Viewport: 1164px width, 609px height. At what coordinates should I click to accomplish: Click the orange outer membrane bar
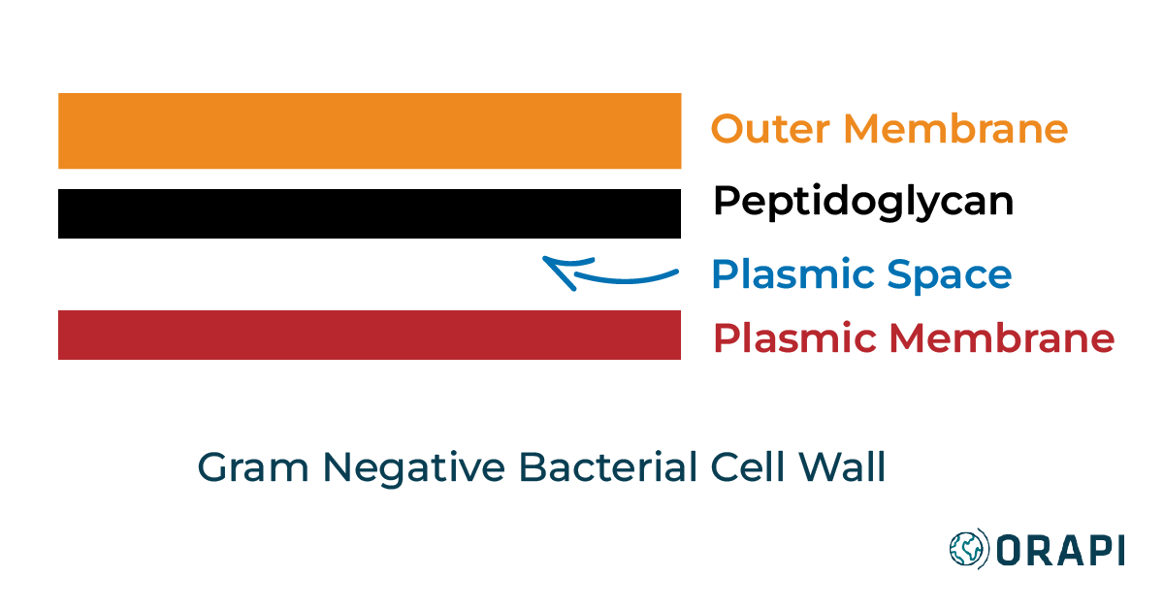tap(369, 131)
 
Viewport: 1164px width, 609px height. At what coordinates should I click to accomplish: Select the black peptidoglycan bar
tap(369, 213)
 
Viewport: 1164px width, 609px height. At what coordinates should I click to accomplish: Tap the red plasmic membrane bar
tap(369, 335)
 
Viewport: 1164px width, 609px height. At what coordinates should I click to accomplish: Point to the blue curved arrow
tap(621, 278)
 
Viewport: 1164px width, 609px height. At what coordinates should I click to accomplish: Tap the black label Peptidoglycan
tap(863, 203)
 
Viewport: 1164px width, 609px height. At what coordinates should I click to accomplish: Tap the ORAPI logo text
tap(1061, 550)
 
